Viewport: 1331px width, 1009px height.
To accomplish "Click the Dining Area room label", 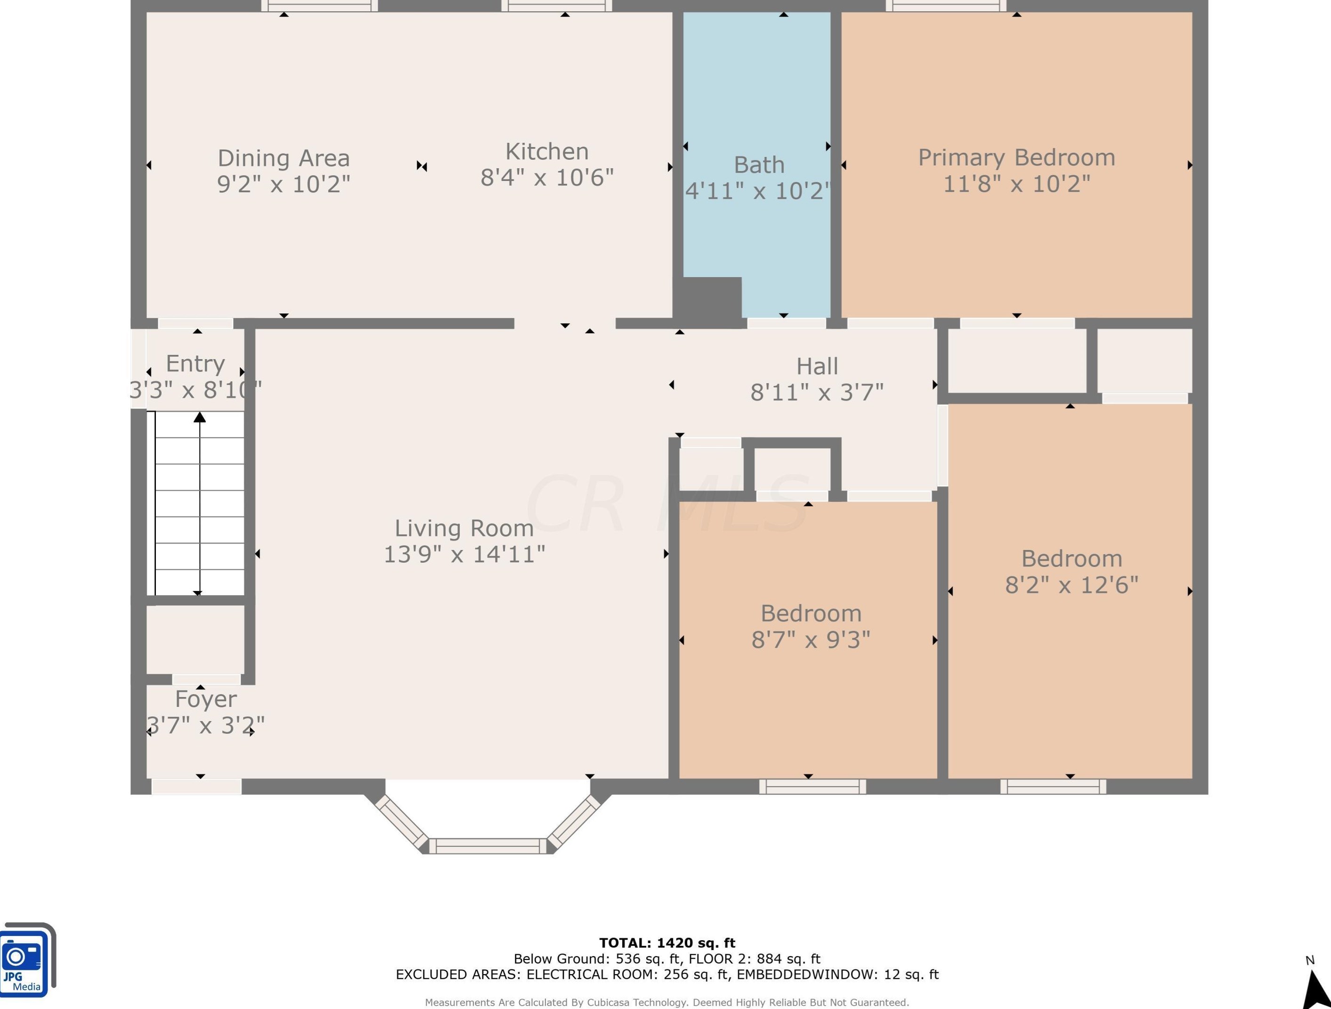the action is pos(284,158).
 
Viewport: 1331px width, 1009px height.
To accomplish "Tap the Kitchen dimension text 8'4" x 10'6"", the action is pos(547,178).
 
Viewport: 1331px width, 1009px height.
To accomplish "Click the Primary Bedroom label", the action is pos(1016,158).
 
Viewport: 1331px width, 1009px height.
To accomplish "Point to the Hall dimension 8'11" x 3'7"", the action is pos(817,393).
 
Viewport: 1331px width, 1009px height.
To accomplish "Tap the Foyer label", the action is pos(206,699).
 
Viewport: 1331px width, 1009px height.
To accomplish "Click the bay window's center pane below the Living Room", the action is pos(491,846).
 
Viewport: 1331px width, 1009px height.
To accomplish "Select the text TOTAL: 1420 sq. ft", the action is pos(667,943).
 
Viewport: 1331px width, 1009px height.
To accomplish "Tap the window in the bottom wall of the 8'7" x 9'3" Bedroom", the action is pos(812,786).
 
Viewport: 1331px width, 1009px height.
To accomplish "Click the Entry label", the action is pos(195,364).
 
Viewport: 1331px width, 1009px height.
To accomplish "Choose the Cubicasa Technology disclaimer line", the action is pos(667,1002).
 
